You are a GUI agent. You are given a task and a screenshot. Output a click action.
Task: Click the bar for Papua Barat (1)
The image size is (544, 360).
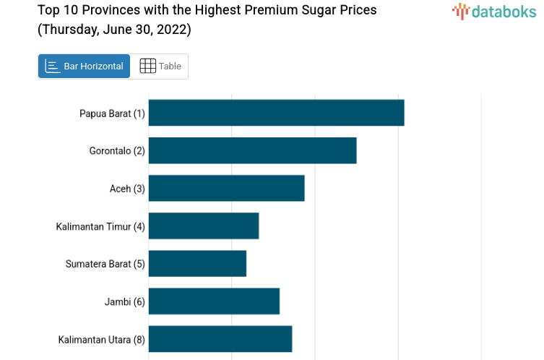[276, 113]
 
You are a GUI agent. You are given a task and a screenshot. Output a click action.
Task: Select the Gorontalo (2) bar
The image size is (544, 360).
[252, 150]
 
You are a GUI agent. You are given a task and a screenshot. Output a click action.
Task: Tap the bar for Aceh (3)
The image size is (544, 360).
[226, 188]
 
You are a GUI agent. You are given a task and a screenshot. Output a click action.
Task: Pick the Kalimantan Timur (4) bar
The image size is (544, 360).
[204, 226]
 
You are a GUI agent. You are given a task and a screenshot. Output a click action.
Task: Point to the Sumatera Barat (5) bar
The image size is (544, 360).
[197, 263]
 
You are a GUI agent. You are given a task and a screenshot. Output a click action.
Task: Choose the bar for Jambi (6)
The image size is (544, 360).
[214, 301]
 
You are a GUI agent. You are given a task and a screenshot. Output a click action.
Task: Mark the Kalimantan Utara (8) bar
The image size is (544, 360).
[220, 338]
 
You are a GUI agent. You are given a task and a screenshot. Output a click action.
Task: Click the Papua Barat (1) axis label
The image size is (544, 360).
[112, 113]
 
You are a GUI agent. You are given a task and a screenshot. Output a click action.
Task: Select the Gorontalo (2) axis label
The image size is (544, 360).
[117, 151]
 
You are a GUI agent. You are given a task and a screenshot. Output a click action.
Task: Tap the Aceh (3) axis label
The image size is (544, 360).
[127, 189]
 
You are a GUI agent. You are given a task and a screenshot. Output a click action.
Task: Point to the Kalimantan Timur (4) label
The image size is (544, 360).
[100, 226]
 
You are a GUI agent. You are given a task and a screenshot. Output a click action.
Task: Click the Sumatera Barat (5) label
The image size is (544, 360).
[105, 264]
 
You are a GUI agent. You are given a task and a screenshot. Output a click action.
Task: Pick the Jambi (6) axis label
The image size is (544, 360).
[124, 301]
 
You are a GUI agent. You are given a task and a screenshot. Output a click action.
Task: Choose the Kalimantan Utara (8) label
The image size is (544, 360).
[101, 339]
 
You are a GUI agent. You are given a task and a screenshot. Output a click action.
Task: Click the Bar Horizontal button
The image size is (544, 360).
[84, 66]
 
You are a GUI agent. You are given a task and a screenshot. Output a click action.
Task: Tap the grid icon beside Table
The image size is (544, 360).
[147, 66]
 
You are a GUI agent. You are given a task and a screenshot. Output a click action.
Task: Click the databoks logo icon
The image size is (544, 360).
[460, 10]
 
